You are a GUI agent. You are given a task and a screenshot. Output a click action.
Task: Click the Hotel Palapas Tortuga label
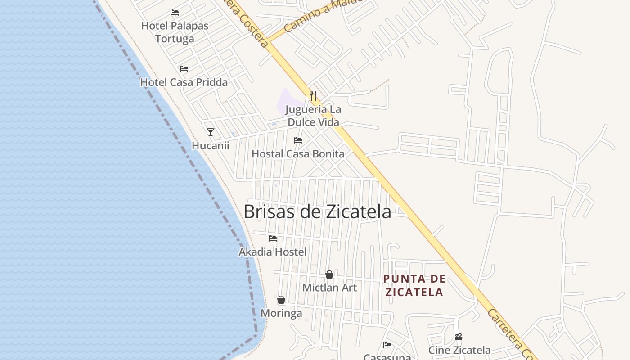(x=175, y=32)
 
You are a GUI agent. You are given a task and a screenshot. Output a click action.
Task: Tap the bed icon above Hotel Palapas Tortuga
(x=175, y=13)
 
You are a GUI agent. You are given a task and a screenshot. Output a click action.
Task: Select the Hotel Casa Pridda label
(x=184, y=82)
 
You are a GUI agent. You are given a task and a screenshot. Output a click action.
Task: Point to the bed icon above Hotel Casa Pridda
(x=184, y=69)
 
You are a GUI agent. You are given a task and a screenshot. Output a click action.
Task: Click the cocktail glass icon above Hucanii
(x=210, y=132)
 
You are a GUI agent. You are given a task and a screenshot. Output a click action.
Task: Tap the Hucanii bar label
(x=210, y=146)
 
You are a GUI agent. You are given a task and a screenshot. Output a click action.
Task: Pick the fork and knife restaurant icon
(x=313, y=96)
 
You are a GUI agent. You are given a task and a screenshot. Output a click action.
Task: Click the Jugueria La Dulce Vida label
(x=313, y=116)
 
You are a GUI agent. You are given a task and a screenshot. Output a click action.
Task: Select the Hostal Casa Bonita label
(x=298, y=154)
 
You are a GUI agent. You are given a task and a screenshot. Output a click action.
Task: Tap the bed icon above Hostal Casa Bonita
(x=298, y=140)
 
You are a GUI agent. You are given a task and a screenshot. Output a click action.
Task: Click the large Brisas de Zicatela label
(x=317, y=211)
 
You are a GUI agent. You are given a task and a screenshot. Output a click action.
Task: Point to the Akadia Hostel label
(x=272, y=252)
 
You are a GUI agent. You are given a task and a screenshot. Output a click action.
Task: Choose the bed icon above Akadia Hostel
(x=273, y=238)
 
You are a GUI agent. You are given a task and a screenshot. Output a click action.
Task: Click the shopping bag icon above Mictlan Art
(x=329, y=274)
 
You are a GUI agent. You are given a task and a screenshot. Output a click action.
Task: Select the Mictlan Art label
(x=329, y=288)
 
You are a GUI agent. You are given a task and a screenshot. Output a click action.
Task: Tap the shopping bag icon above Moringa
(x=281, y=300)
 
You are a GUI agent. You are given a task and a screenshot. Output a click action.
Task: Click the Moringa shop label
(x=281, y=313)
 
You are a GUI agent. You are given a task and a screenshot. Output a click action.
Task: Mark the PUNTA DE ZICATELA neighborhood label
(x=414, y=285)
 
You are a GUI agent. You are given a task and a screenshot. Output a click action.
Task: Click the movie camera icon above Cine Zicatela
(x=459, y=337)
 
